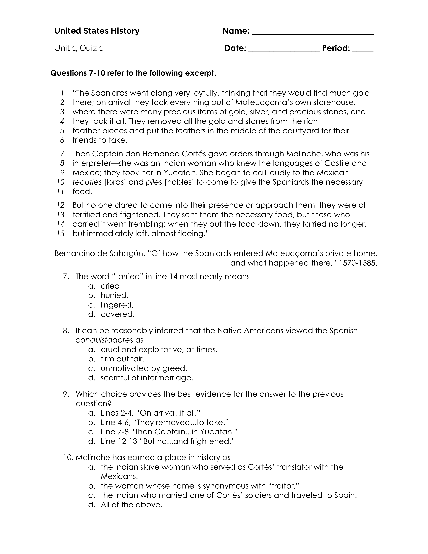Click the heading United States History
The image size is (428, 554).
tap(97, 31)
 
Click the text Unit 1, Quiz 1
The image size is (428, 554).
tap(78, 48)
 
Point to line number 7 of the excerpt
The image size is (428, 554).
tap(62, 154)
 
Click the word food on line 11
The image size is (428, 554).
tap(82, 192)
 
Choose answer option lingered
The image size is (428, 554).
tap(117, 305)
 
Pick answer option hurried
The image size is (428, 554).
tap(115, 295)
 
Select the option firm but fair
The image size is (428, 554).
tap(123, 359)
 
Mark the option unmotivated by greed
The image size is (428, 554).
tap(144, 368)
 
